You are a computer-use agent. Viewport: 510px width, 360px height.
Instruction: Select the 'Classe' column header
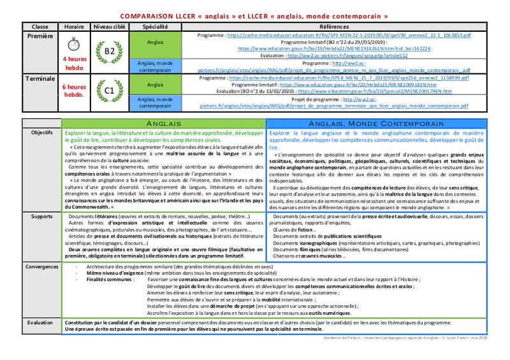pos(40,27)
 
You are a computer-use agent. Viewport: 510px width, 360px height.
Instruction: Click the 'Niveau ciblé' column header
pos(108,27)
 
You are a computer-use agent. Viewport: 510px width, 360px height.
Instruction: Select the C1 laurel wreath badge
pos(108,90)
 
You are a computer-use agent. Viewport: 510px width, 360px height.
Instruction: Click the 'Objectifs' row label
pos(42,133)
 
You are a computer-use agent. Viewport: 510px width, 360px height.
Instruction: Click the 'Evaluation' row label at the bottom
pos(42,322)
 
